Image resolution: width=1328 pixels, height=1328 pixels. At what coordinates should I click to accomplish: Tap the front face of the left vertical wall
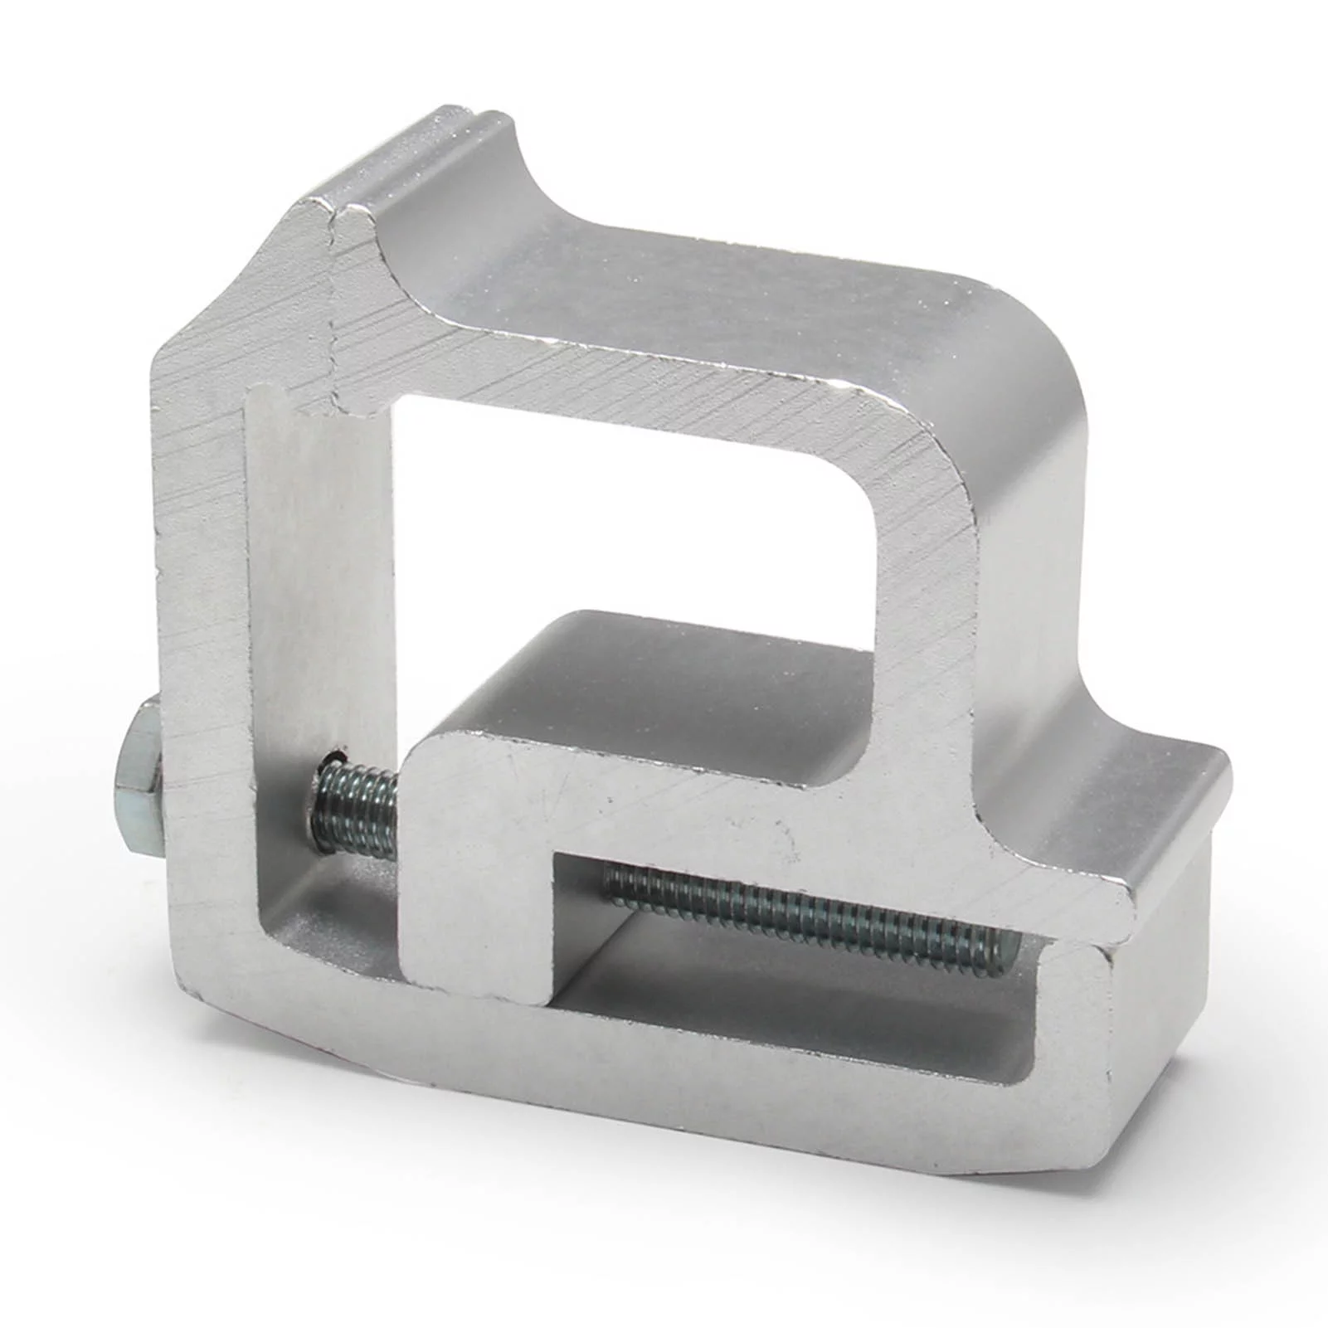click(199, 581)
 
